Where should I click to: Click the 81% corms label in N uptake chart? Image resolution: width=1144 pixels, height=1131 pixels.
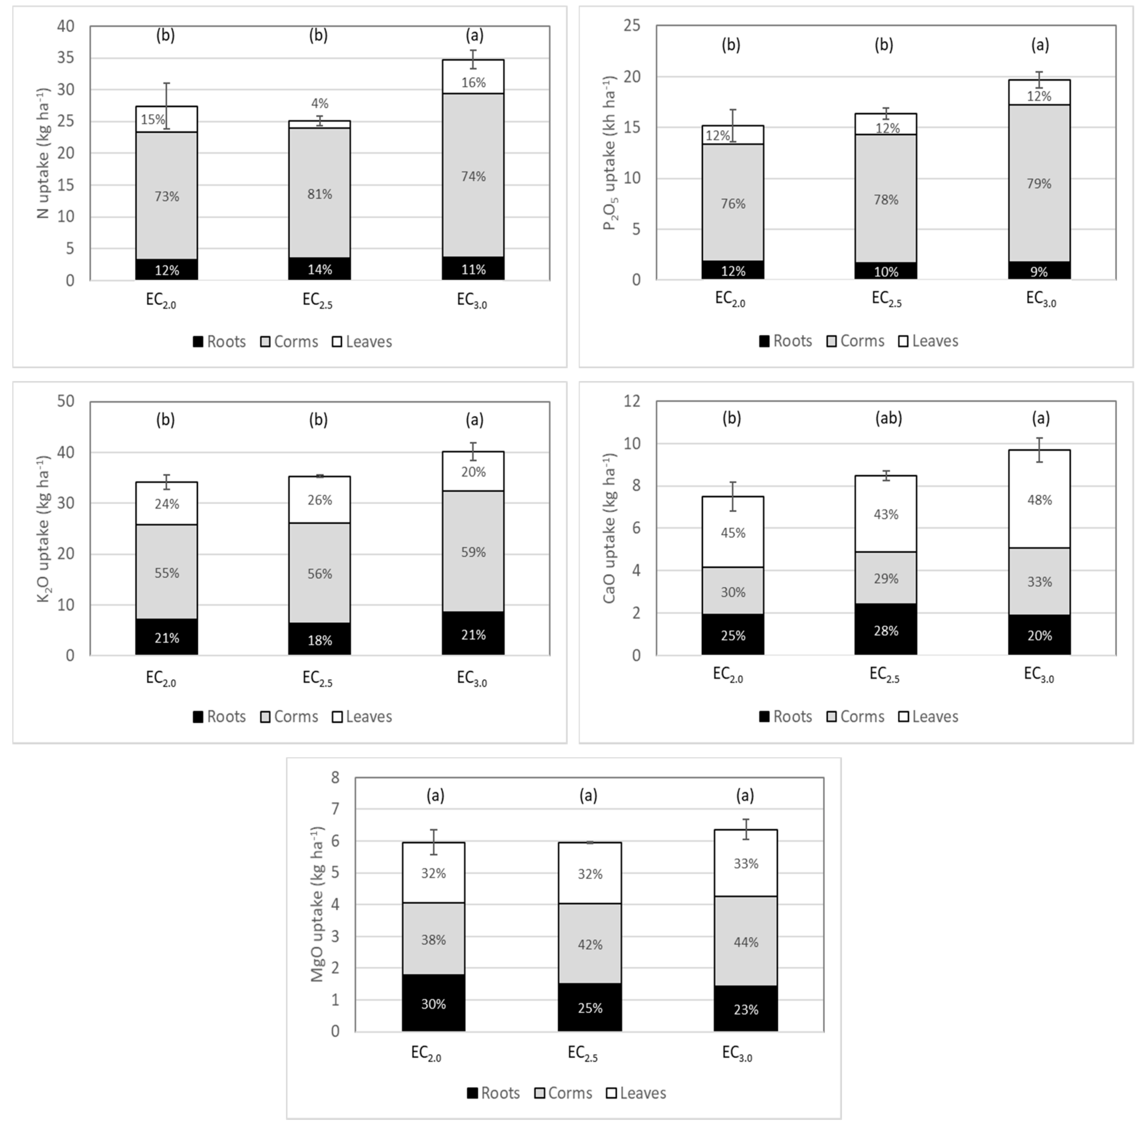[x=319, y=194]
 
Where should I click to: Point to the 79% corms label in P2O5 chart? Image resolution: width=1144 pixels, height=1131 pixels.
[x=1039, y=183]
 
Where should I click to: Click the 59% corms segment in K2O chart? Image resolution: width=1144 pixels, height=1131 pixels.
[x=473, y=552]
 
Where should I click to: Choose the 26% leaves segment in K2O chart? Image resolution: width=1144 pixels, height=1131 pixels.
[x=319, y=500]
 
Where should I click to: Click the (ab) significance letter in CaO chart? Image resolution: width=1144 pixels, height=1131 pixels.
[x=888, y=418]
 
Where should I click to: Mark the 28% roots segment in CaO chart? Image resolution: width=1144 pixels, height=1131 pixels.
[x=886, y=630]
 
